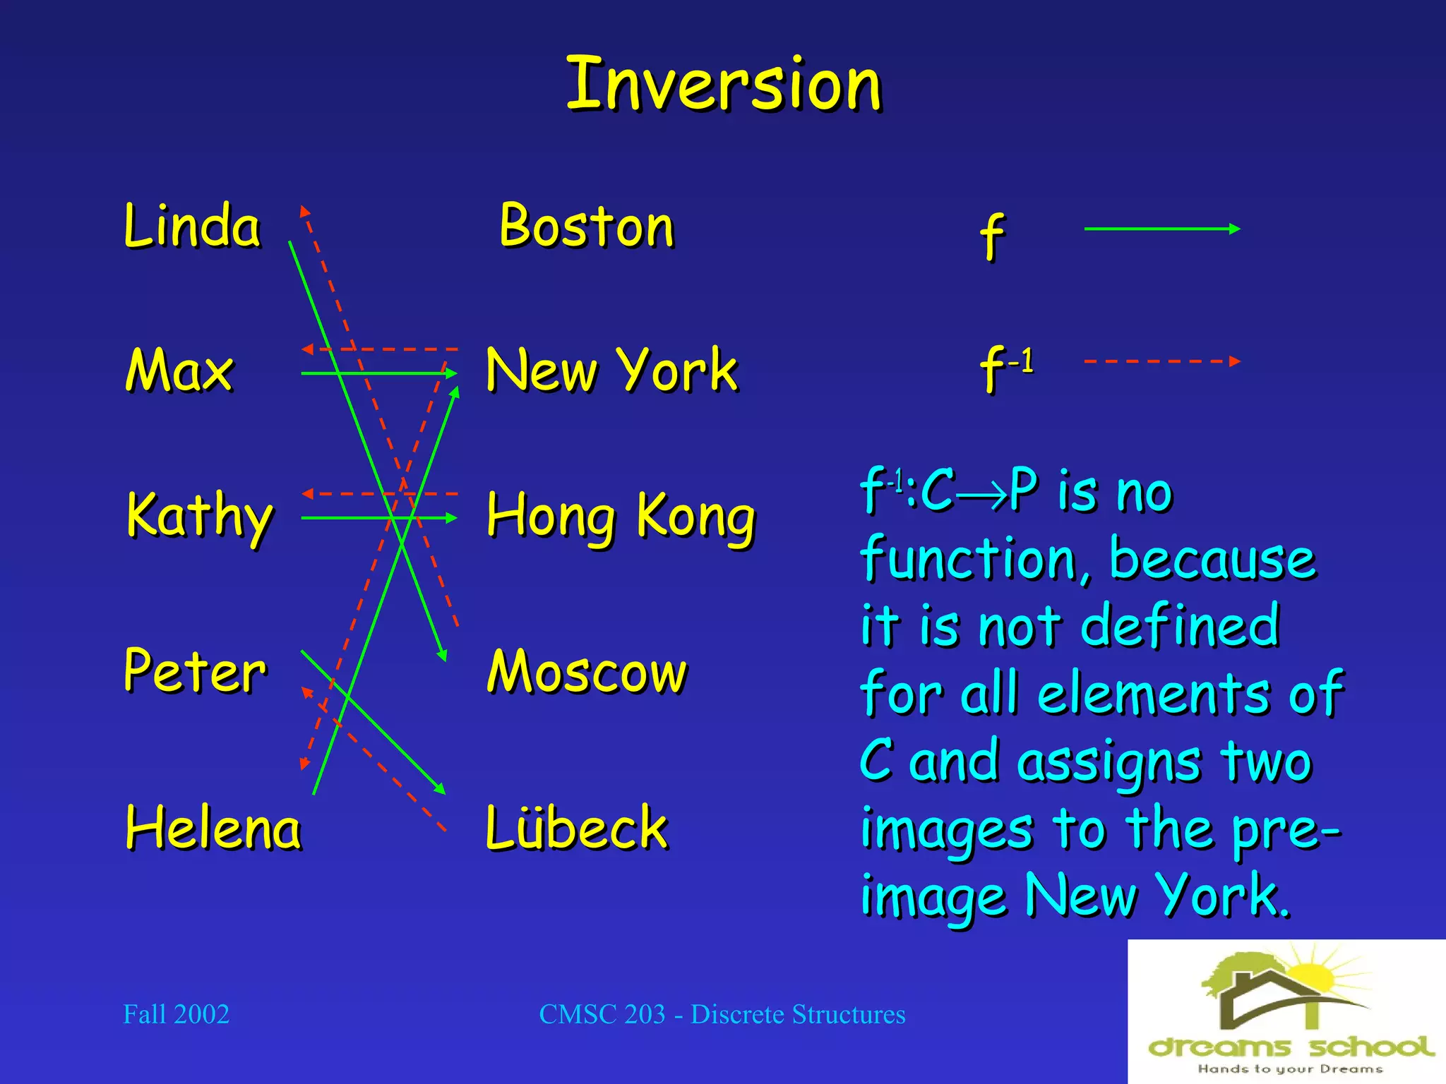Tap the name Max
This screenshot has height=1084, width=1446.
pos(179,370)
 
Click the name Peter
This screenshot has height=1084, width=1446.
pos(195,670)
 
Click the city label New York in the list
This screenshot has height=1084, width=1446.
pos(611,370)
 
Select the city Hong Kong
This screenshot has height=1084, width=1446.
pos(621,517)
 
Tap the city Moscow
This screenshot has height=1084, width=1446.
pos(587,672)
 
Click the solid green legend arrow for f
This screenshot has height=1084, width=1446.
pos(1161,229)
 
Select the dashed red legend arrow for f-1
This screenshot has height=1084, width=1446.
pos(1161,361)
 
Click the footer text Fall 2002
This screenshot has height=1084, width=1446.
pos(176,1014)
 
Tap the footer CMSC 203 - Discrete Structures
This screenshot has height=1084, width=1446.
pos(722,1014)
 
